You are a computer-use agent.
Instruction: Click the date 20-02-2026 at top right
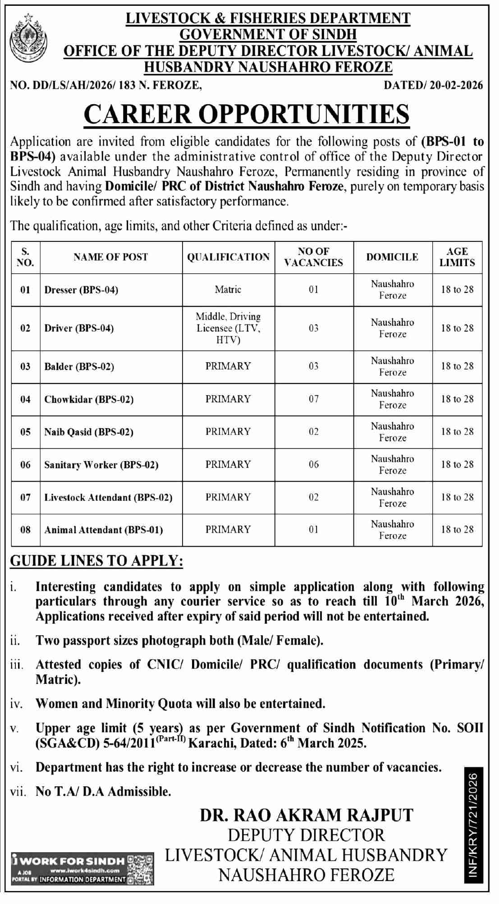433,85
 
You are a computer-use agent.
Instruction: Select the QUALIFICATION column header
229,257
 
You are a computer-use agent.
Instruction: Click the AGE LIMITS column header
457,257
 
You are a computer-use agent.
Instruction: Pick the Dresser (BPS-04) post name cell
81,290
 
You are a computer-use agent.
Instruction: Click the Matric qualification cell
228,290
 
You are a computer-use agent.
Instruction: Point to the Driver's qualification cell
228,328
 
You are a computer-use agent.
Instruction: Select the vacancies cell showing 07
314,399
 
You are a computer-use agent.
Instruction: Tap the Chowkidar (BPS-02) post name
89,399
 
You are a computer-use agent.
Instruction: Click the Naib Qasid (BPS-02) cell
89,432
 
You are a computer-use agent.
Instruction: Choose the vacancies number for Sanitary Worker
314,465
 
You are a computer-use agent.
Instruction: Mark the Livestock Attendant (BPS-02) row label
108,498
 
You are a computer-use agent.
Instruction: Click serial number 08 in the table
26,530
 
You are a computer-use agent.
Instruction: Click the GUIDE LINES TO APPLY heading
96,561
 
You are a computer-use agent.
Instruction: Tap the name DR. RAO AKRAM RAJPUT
307,815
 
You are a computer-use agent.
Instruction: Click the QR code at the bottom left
141,869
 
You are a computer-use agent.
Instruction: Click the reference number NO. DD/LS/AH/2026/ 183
105,85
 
